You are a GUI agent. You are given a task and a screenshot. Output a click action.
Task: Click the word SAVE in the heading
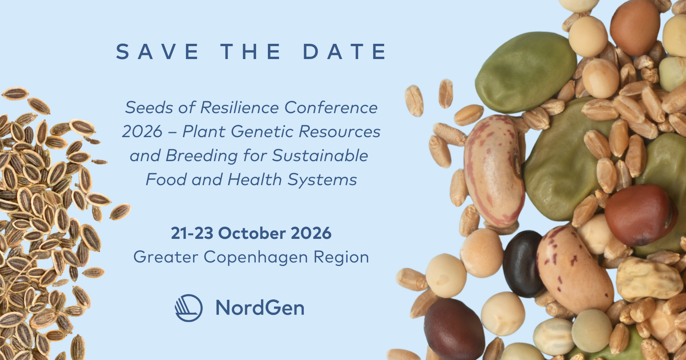tap(157, 52)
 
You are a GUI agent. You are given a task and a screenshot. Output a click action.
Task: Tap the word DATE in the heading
tap(345, 52)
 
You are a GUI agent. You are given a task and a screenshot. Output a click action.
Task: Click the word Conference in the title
tap(331, 108)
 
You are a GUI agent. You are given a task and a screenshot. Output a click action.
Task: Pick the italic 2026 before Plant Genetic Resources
tap(142, 132)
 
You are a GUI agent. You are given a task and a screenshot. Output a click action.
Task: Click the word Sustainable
tap(320, 156)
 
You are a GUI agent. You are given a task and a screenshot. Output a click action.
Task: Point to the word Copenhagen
tap(256, 258)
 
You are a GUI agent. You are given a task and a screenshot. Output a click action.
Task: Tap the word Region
tap(341, 258)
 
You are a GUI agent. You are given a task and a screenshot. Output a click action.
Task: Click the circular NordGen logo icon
tap(189, 308)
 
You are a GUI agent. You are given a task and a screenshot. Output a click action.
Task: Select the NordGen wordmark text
tap(260, 308)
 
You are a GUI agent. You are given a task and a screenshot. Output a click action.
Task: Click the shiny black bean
tap(523, 264)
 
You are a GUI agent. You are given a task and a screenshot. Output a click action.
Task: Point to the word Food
tap(166, 180)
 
